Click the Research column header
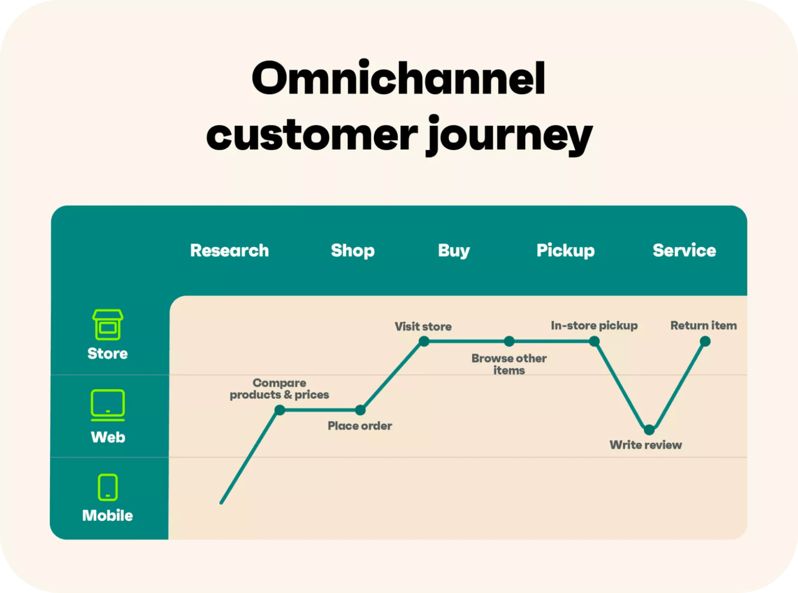tap(229, 251)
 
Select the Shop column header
tap(352, 251)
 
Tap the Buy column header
tap(454, 251)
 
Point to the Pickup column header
tap(565, 251)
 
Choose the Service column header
tap(684, 251)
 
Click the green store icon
tap(108, 325)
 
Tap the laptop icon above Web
tap(108, 404)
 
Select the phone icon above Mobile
tap(108, 487)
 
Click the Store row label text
tap(108, 354)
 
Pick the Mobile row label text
tap(108, 516)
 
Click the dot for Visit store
tap(424, 341)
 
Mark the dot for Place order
tap(360, 410)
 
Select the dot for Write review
tap(649, 430)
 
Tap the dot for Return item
tap(705, 341)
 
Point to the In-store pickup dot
tap(594, 341)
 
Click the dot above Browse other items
tap(509, 341)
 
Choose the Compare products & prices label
tap(280, 389)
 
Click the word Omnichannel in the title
tap(398, 78)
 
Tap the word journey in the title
tap(509, 135)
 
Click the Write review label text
tap(646, 445)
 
